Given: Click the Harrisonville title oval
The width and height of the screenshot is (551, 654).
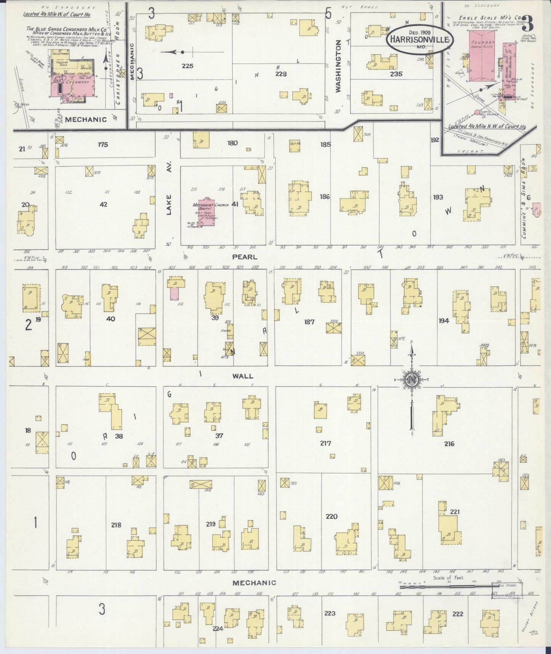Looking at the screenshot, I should point(420,39).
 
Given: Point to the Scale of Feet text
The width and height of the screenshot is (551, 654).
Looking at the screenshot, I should point(448,578).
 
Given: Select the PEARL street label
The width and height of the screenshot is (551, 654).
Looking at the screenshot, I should point(244,257).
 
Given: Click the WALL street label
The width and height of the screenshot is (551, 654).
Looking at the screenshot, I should point(243,376).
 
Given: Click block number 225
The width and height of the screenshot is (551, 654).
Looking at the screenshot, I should point(187,66).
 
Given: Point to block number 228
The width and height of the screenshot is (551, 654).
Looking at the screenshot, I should point(281,74).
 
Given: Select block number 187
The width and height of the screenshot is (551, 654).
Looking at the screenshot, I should point(309,322).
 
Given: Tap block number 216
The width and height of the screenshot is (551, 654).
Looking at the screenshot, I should point(449,444).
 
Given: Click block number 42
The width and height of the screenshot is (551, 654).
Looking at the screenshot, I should point(103,205).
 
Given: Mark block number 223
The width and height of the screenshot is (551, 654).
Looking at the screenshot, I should point(330,613).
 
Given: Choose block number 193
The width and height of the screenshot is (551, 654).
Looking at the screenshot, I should point(438,197).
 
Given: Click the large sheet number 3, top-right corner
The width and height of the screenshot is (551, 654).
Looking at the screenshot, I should point(528,24).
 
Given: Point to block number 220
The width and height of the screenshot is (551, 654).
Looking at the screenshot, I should point(331,517).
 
